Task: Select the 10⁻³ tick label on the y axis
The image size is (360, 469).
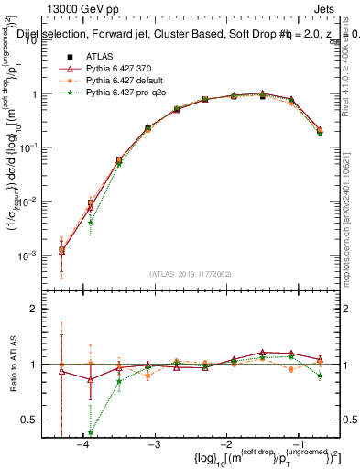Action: coord(32,255)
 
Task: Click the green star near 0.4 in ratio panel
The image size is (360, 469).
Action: coord(91,433)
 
